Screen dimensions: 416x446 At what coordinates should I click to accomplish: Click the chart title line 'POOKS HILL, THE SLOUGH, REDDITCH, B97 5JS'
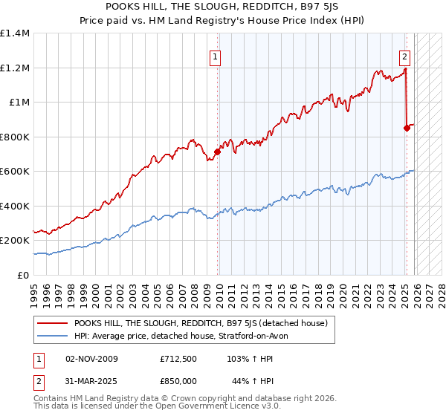pos(223,7)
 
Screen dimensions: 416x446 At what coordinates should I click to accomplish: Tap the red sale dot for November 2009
pos(218,152)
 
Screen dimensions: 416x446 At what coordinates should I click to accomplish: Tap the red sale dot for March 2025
pos(407,128)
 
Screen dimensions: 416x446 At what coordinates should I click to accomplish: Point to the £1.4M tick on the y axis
pos(15,33)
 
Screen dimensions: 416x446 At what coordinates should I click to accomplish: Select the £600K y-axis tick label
pos(15,171)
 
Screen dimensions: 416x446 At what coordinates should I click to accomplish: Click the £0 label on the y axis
pos(22,275)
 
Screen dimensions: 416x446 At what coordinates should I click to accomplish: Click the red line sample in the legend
pos(52,322)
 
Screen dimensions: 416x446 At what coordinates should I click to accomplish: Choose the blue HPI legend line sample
pos(52,336)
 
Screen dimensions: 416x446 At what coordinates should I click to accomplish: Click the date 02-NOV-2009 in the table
pos(92,358)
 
